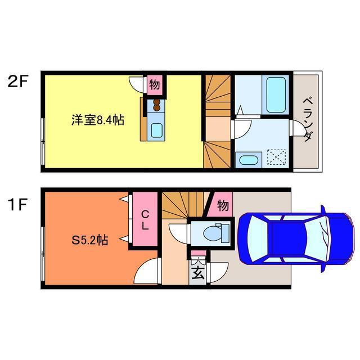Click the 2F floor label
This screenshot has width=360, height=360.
[17, 82]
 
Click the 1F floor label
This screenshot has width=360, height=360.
[17, 204]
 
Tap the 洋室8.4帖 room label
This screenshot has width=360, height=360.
[98, 120]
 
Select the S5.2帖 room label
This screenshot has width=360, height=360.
[90, 240]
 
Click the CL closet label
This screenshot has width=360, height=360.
[145, 220]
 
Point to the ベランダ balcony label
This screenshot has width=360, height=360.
[308, 119]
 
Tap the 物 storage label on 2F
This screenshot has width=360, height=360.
[155, 85]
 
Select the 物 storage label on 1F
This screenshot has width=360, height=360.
[223, 205]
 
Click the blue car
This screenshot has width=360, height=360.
[295, 238]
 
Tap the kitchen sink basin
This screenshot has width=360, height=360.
[157, 130]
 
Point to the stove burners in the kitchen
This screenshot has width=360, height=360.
[156, 105]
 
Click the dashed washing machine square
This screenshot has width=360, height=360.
[277, 157]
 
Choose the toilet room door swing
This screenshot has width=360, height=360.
[179, 233]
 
